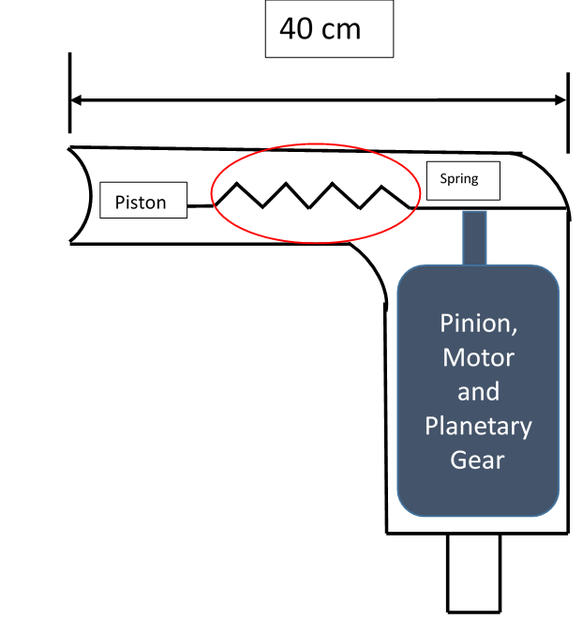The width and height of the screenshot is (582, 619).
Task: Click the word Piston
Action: click(141, 203)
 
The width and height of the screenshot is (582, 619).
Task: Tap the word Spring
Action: click(459, 179)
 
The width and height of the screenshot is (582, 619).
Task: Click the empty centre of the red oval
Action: click(316, 193)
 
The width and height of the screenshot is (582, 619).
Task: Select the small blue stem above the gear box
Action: click(474, 238)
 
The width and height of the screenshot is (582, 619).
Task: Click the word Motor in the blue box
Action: click(478, 357)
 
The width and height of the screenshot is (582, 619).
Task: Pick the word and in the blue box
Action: click(478, 391)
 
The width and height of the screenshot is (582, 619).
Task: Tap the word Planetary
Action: click(478, 426)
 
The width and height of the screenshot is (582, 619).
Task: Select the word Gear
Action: click(478, 460)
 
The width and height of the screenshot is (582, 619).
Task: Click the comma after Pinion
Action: click(514, 332)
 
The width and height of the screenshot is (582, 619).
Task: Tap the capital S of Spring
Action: click(444, 179)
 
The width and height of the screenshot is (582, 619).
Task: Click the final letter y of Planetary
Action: click(526, 429)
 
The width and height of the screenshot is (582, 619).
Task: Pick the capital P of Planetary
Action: click(431, 426)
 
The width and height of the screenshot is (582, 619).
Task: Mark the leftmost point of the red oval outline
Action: click(211, 193)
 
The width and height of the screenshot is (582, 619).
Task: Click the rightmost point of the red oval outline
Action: click(420, 192)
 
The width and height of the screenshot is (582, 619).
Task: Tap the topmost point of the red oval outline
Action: click(316, 143)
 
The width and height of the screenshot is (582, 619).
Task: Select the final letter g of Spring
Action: click(474, 181)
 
